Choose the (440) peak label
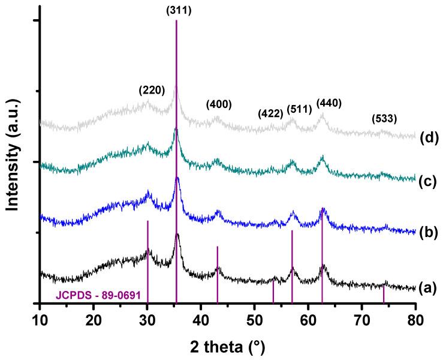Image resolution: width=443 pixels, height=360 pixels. coord(329,103)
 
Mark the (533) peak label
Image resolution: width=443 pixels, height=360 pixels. coord(384,118)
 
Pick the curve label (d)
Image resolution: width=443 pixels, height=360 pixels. coord(427,137)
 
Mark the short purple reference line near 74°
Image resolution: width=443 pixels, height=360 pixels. coord(384,295)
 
